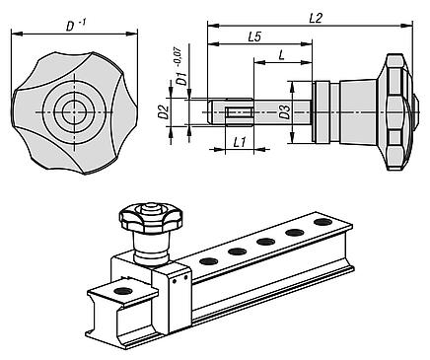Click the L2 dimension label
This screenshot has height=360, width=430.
[x=315, y=17]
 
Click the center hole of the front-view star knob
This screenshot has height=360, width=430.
[x=70, y=111]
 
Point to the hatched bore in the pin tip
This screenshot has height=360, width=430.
[x=238, y=111]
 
